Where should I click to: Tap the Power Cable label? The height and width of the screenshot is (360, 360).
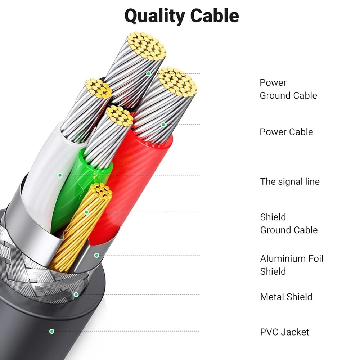(x=286, y=132)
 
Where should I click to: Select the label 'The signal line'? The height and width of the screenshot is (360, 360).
(x=290, y=181)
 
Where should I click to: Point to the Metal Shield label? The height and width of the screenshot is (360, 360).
(x=286, y=297)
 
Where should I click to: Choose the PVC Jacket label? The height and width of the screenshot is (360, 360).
(x=284, y=332)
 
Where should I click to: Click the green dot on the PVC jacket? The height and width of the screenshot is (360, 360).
(x=52, y=331)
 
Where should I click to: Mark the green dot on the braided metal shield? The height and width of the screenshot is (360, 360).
(x=76, y=294)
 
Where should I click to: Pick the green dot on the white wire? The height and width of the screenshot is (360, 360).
(x=60, y=175)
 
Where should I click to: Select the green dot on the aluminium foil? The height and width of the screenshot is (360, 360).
(x=96, y=255)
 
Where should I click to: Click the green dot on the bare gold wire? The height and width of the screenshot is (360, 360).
(x=86, y=212)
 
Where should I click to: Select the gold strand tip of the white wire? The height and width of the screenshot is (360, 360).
(x=98, y=89)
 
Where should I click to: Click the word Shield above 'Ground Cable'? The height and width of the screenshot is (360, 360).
(x=273, y=217)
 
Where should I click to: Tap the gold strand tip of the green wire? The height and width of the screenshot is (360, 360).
(x=120, y=116)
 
